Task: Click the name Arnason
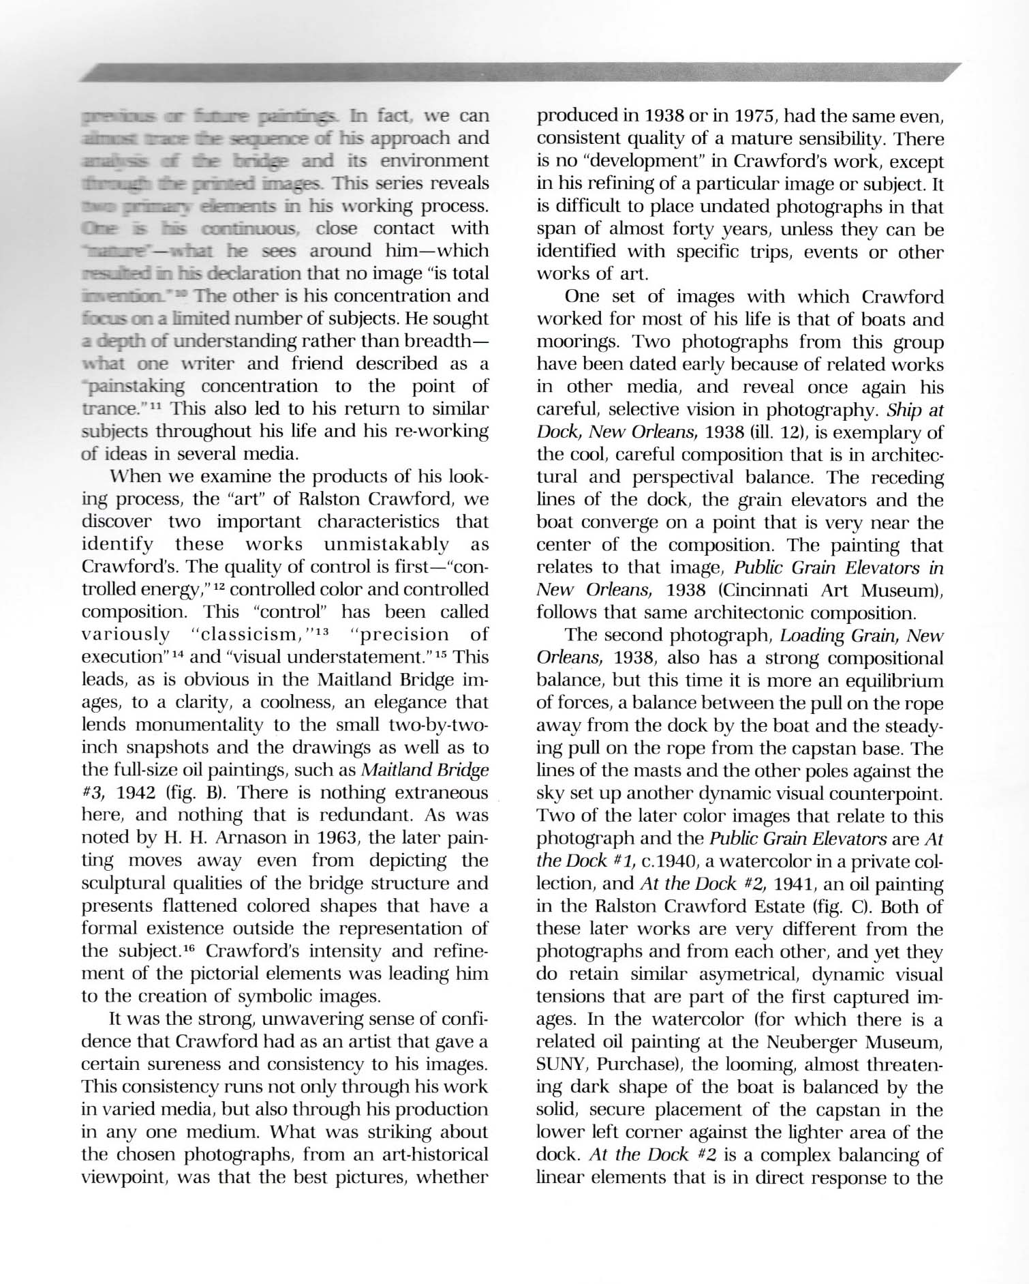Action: click(227, 838)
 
